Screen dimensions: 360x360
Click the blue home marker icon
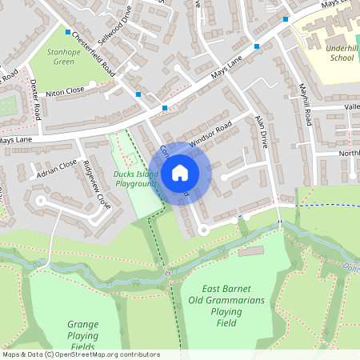coord(180,172)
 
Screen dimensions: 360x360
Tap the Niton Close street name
coord(64,92)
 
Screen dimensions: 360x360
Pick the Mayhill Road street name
coord(305,105)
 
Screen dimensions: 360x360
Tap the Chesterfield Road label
coord(94,54)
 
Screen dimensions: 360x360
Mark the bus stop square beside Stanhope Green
coord(66,31)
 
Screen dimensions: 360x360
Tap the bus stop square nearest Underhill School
coord(286,18)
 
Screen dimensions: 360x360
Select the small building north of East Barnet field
coord(250,251)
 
